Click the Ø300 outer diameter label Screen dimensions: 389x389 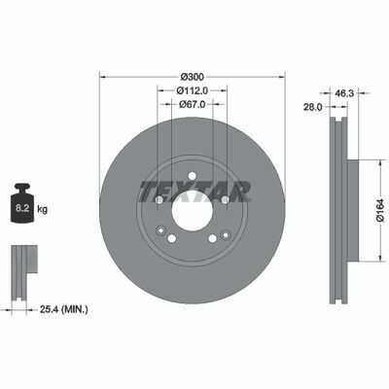pyautogui.click(x=193, y=78)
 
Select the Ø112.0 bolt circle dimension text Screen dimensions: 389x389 pyautogui.click(x=193, y=91)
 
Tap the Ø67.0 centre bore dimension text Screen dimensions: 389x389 pyautogui.click(x=193, y=104)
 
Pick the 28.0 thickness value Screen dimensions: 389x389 pyautogui.click(x=313, y=107)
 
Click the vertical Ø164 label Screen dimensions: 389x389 pyautogui.click(x=380, y=210)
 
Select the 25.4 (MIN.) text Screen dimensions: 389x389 pyautogui.click(x=63, y=309)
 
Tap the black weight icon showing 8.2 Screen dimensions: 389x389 pyautogui.click(x=22, y=203)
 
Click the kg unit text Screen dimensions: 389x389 pyautogui.click(x=42, y=209)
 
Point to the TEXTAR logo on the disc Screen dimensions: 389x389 pyautogui.click(x=195, y=192)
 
